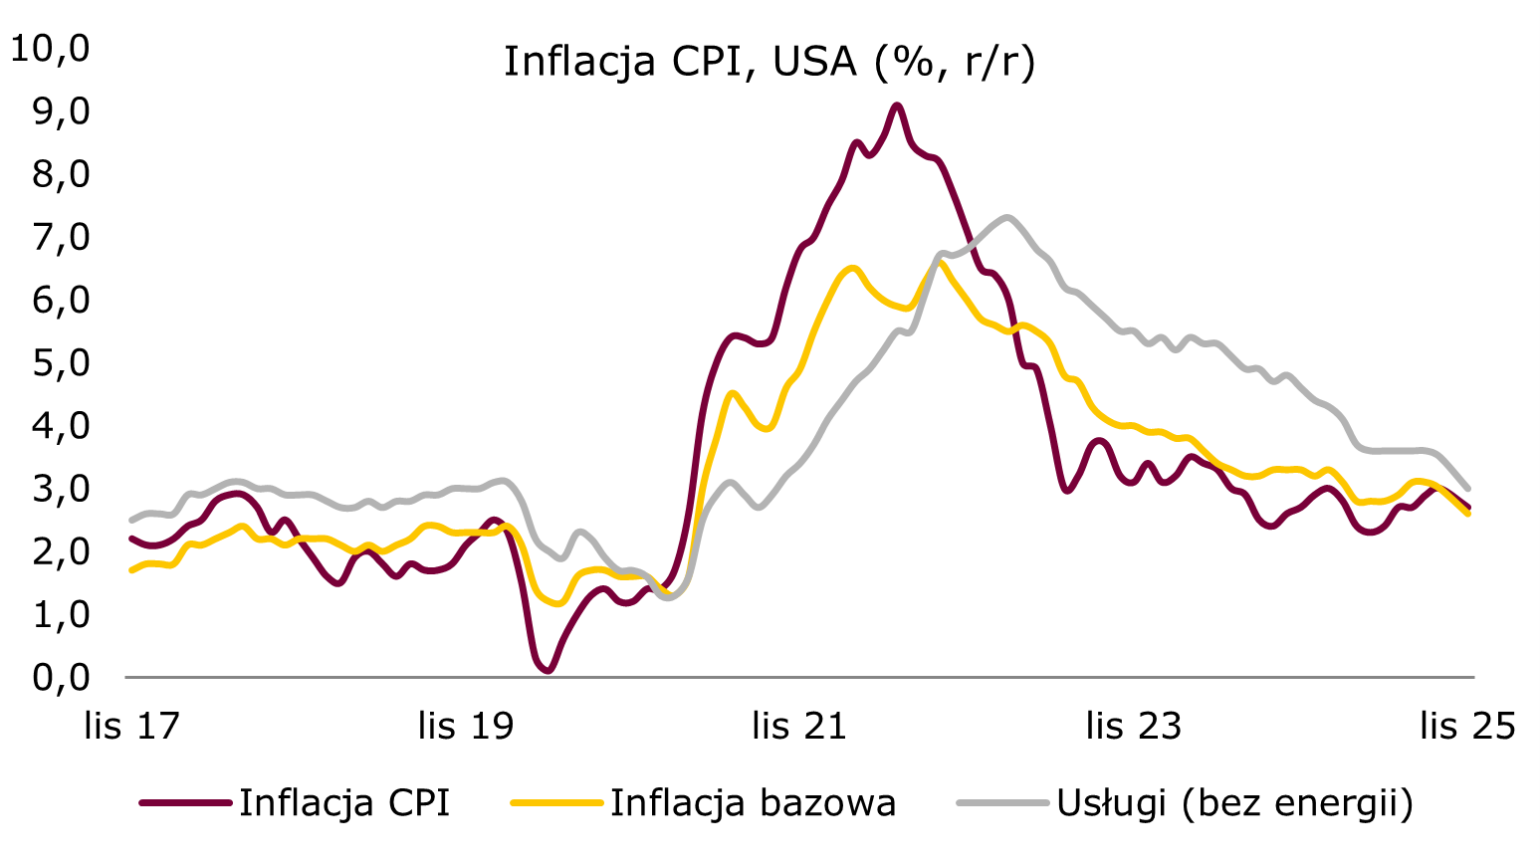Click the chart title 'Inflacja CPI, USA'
770,62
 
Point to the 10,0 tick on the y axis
50,48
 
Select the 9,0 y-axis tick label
61,110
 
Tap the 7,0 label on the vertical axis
61,237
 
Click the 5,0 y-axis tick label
61,362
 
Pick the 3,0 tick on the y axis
61,489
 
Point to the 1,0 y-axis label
61,614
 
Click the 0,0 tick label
61,677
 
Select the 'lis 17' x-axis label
131,726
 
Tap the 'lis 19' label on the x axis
466,726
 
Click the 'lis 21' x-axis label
799,726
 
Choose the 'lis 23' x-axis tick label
1133,726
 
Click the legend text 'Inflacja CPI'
344,802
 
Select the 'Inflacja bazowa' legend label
753,802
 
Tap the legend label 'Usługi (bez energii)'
1234,802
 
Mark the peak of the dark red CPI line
897,105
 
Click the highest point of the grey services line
1007,217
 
